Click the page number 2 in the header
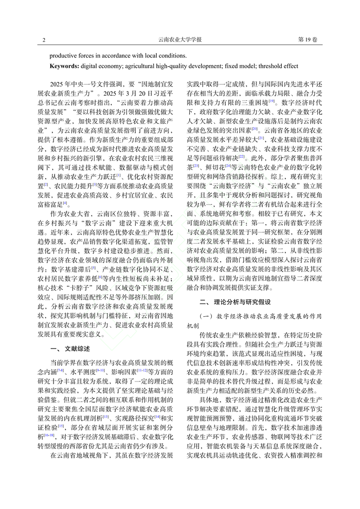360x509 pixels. click(x=44, y=40)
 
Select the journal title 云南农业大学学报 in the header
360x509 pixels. click(x=179, y=40)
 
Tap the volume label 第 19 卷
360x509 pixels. click(x=307, y=40)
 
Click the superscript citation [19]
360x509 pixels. click(x=272, y=101)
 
